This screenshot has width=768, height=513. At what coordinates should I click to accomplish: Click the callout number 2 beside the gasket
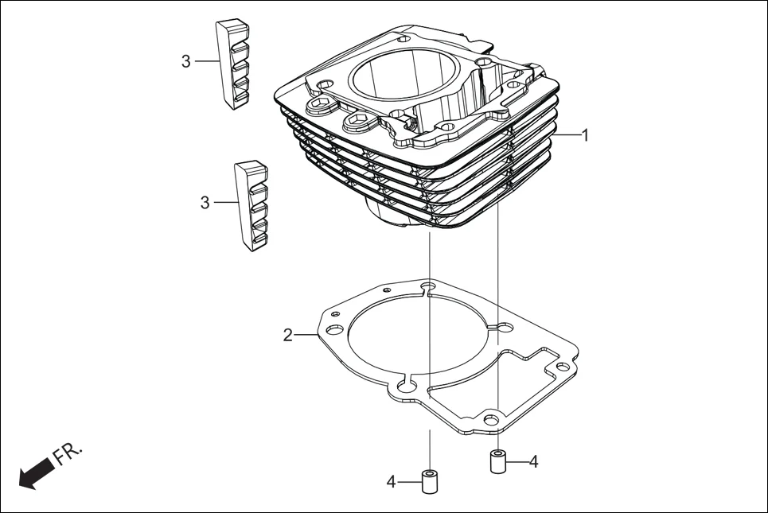(287, 335)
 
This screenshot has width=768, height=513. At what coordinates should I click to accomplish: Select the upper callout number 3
(185, 61)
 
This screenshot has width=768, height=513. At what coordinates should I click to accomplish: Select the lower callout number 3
(205, 203)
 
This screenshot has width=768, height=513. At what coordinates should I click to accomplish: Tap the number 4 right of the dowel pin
(533, 461)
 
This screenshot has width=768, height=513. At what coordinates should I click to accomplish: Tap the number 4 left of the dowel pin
(392, 481)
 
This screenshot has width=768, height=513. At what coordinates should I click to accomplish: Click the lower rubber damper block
(251, 207)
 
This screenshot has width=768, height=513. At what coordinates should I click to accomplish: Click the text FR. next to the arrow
(68, 454)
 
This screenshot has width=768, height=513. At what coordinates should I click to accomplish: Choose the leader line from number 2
(306, 335)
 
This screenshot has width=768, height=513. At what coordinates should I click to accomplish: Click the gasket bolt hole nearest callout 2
(334, 328)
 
